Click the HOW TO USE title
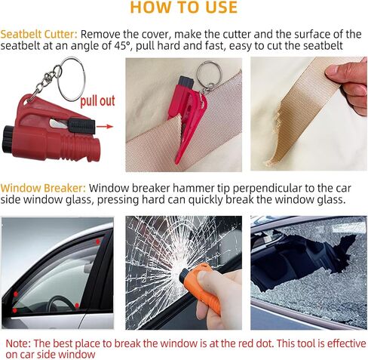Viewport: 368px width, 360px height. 184,8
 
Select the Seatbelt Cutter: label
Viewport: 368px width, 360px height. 39,34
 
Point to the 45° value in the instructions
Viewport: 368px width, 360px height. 123,46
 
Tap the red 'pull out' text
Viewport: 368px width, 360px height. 97,101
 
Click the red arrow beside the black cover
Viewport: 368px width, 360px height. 105,126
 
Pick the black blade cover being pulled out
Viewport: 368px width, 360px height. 81,125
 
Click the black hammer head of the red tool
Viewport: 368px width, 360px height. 8,139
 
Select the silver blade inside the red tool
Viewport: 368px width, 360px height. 58,124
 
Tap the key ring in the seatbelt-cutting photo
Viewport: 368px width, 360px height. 209,73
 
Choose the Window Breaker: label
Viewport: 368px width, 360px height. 43,188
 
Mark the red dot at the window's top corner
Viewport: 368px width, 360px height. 98,242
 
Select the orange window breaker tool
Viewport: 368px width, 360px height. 201,285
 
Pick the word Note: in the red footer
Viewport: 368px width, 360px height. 18,343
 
